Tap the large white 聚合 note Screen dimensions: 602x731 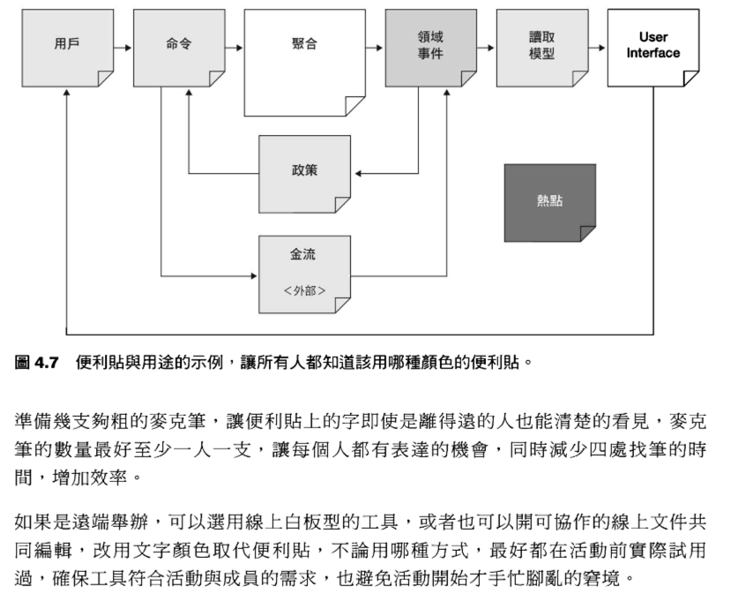point(304,62)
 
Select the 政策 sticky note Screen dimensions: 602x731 point(304,172)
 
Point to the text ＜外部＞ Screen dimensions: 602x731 point(304,290)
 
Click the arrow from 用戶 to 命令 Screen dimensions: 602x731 point(123,46)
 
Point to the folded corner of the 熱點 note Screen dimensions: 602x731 point(587,233)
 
